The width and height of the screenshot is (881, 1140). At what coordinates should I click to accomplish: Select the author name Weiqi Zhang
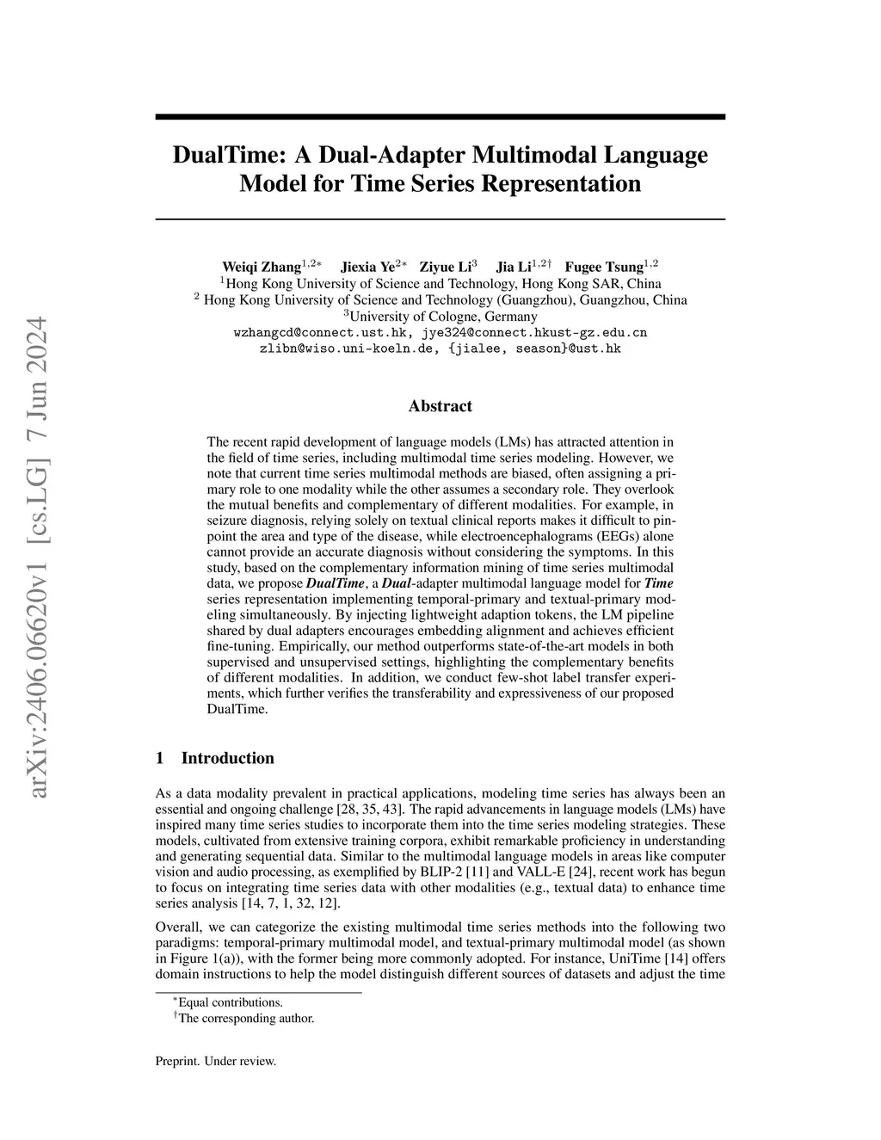262,267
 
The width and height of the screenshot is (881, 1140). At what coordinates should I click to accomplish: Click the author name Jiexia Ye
367,267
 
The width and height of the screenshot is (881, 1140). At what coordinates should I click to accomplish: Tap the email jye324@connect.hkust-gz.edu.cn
534,332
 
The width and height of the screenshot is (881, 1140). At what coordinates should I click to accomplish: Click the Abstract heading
440,406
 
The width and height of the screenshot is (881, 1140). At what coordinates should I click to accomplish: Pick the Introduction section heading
227,758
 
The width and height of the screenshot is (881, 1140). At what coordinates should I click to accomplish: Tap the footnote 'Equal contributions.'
230,1002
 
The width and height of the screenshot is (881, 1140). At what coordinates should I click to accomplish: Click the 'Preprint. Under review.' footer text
215,1062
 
